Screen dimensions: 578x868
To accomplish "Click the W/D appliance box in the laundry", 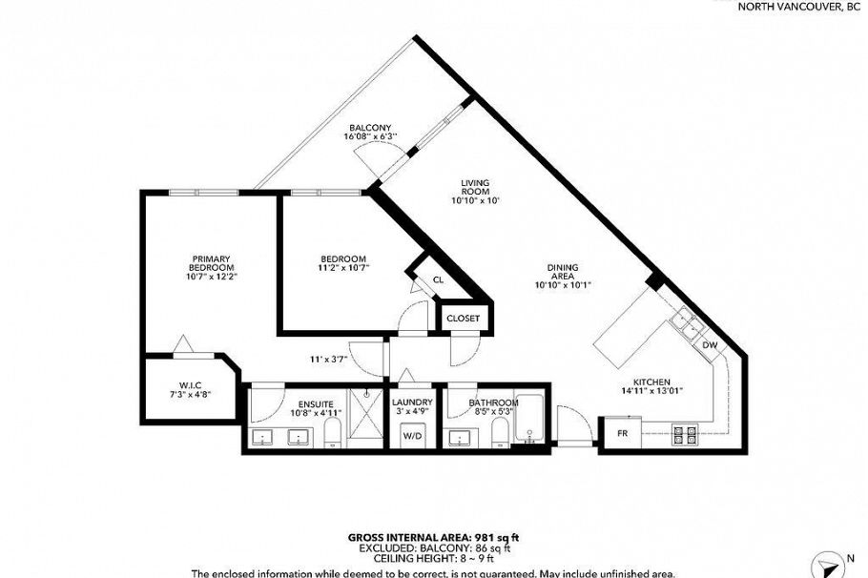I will point(413,435).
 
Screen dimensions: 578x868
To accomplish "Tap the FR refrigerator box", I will point(622,433).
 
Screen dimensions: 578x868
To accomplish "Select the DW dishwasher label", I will point(709,345).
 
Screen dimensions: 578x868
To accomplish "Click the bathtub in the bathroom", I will point(531,420).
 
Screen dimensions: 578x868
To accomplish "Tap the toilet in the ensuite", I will point(332,434).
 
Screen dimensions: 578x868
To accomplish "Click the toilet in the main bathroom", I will point(497,435).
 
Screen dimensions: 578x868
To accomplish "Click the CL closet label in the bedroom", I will point(438,279).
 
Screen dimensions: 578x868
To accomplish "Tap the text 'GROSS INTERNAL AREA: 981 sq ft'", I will point(433,538).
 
